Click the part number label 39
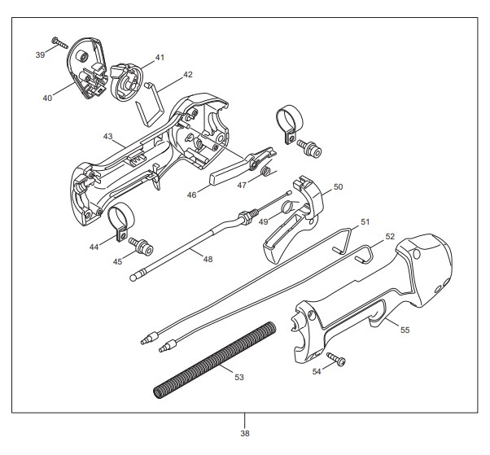(40, 55)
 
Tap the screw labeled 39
(59, 43)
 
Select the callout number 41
(160, 58)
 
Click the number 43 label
(107, 137)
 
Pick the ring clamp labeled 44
(120, 221)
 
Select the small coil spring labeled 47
(266, 171)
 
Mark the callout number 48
(208, 259)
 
